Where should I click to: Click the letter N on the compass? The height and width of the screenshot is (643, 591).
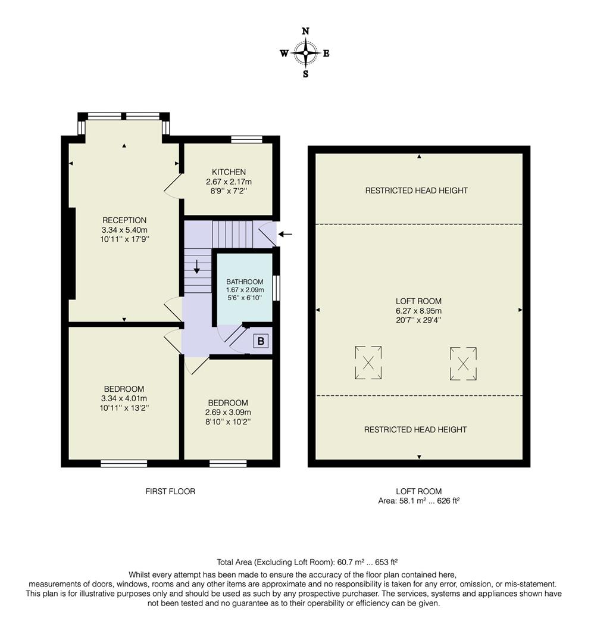click(x=306, y=31)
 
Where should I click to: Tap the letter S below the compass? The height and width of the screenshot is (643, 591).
click(x=306, y=74)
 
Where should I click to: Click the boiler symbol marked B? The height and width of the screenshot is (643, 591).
click(x=261, y=342)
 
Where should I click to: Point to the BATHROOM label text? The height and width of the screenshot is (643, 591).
click(x=245, y=282)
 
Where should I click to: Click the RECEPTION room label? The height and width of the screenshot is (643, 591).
click(x=124, y=220)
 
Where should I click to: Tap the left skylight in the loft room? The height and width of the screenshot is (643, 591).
click(x=368, y=363)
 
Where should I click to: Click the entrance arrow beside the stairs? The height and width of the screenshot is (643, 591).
click(x=285, y=234)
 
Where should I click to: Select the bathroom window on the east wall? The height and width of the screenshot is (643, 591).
click(x=276, y=288)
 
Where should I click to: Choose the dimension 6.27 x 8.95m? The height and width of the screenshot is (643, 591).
click(x=419, y=311)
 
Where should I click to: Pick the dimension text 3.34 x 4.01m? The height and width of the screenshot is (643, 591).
click(x=124, y=398)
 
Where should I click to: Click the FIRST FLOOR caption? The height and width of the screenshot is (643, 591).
click(x=170, y=491)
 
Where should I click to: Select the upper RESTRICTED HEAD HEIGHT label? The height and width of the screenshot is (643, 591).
click(x=416, y=191)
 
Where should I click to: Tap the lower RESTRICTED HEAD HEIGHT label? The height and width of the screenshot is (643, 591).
click(x=415, y=429)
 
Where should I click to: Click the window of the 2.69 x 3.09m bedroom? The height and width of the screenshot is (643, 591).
click(x=228, y=463)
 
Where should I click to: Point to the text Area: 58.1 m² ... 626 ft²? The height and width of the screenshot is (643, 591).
click(x=419, y=501)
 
